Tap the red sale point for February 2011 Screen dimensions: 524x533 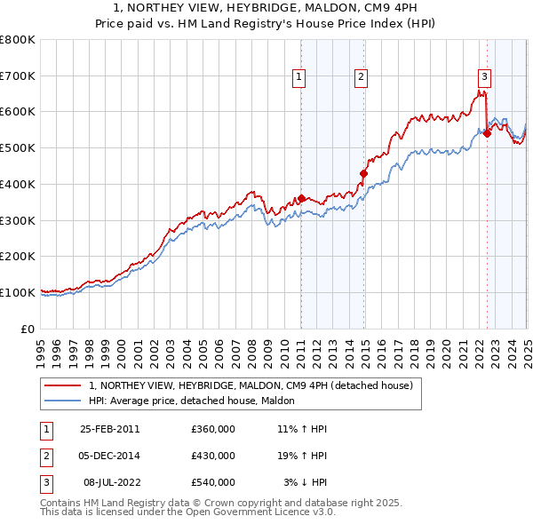pos(302,198)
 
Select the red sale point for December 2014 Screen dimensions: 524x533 pos(363,173)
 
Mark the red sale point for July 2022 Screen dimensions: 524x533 pos(487,133)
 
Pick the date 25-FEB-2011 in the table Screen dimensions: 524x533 pos(110,429)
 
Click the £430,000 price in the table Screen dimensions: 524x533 pos(213,456)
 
